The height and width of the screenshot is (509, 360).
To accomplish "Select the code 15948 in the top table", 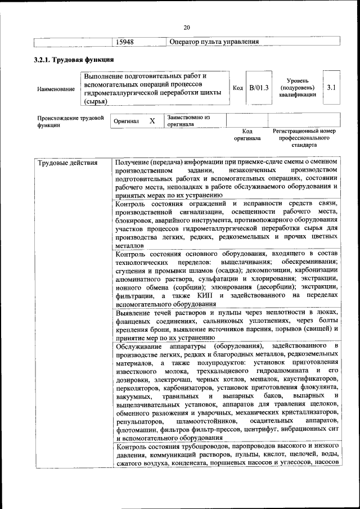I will pyautogui.click(x=124, y=42).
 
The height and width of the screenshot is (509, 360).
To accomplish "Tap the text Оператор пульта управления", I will pyautogui.click(x=214, y=42).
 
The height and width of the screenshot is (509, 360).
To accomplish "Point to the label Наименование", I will pyautogui.click(x=56, y=89).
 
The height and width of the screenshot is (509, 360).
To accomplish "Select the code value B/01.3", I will pyautogui.click(x=259, y=88).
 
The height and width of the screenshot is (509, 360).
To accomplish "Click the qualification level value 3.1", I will pyautogui.click(x=331, y=88).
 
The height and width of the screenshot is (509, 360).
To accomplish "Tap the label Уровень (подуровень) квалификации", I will pyautogui.click(x=297, y=88).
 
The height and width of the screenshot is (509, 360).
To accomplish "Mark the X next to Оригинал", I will pyautogui.click(x=152, y=120).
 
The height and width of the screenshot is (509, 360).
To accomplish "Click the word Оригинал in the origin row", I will pyautogui.click(x=127, y=121).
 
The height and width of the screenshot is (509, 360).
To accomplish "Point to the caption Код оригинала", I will pyautogui.click(x=247, y=134).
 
